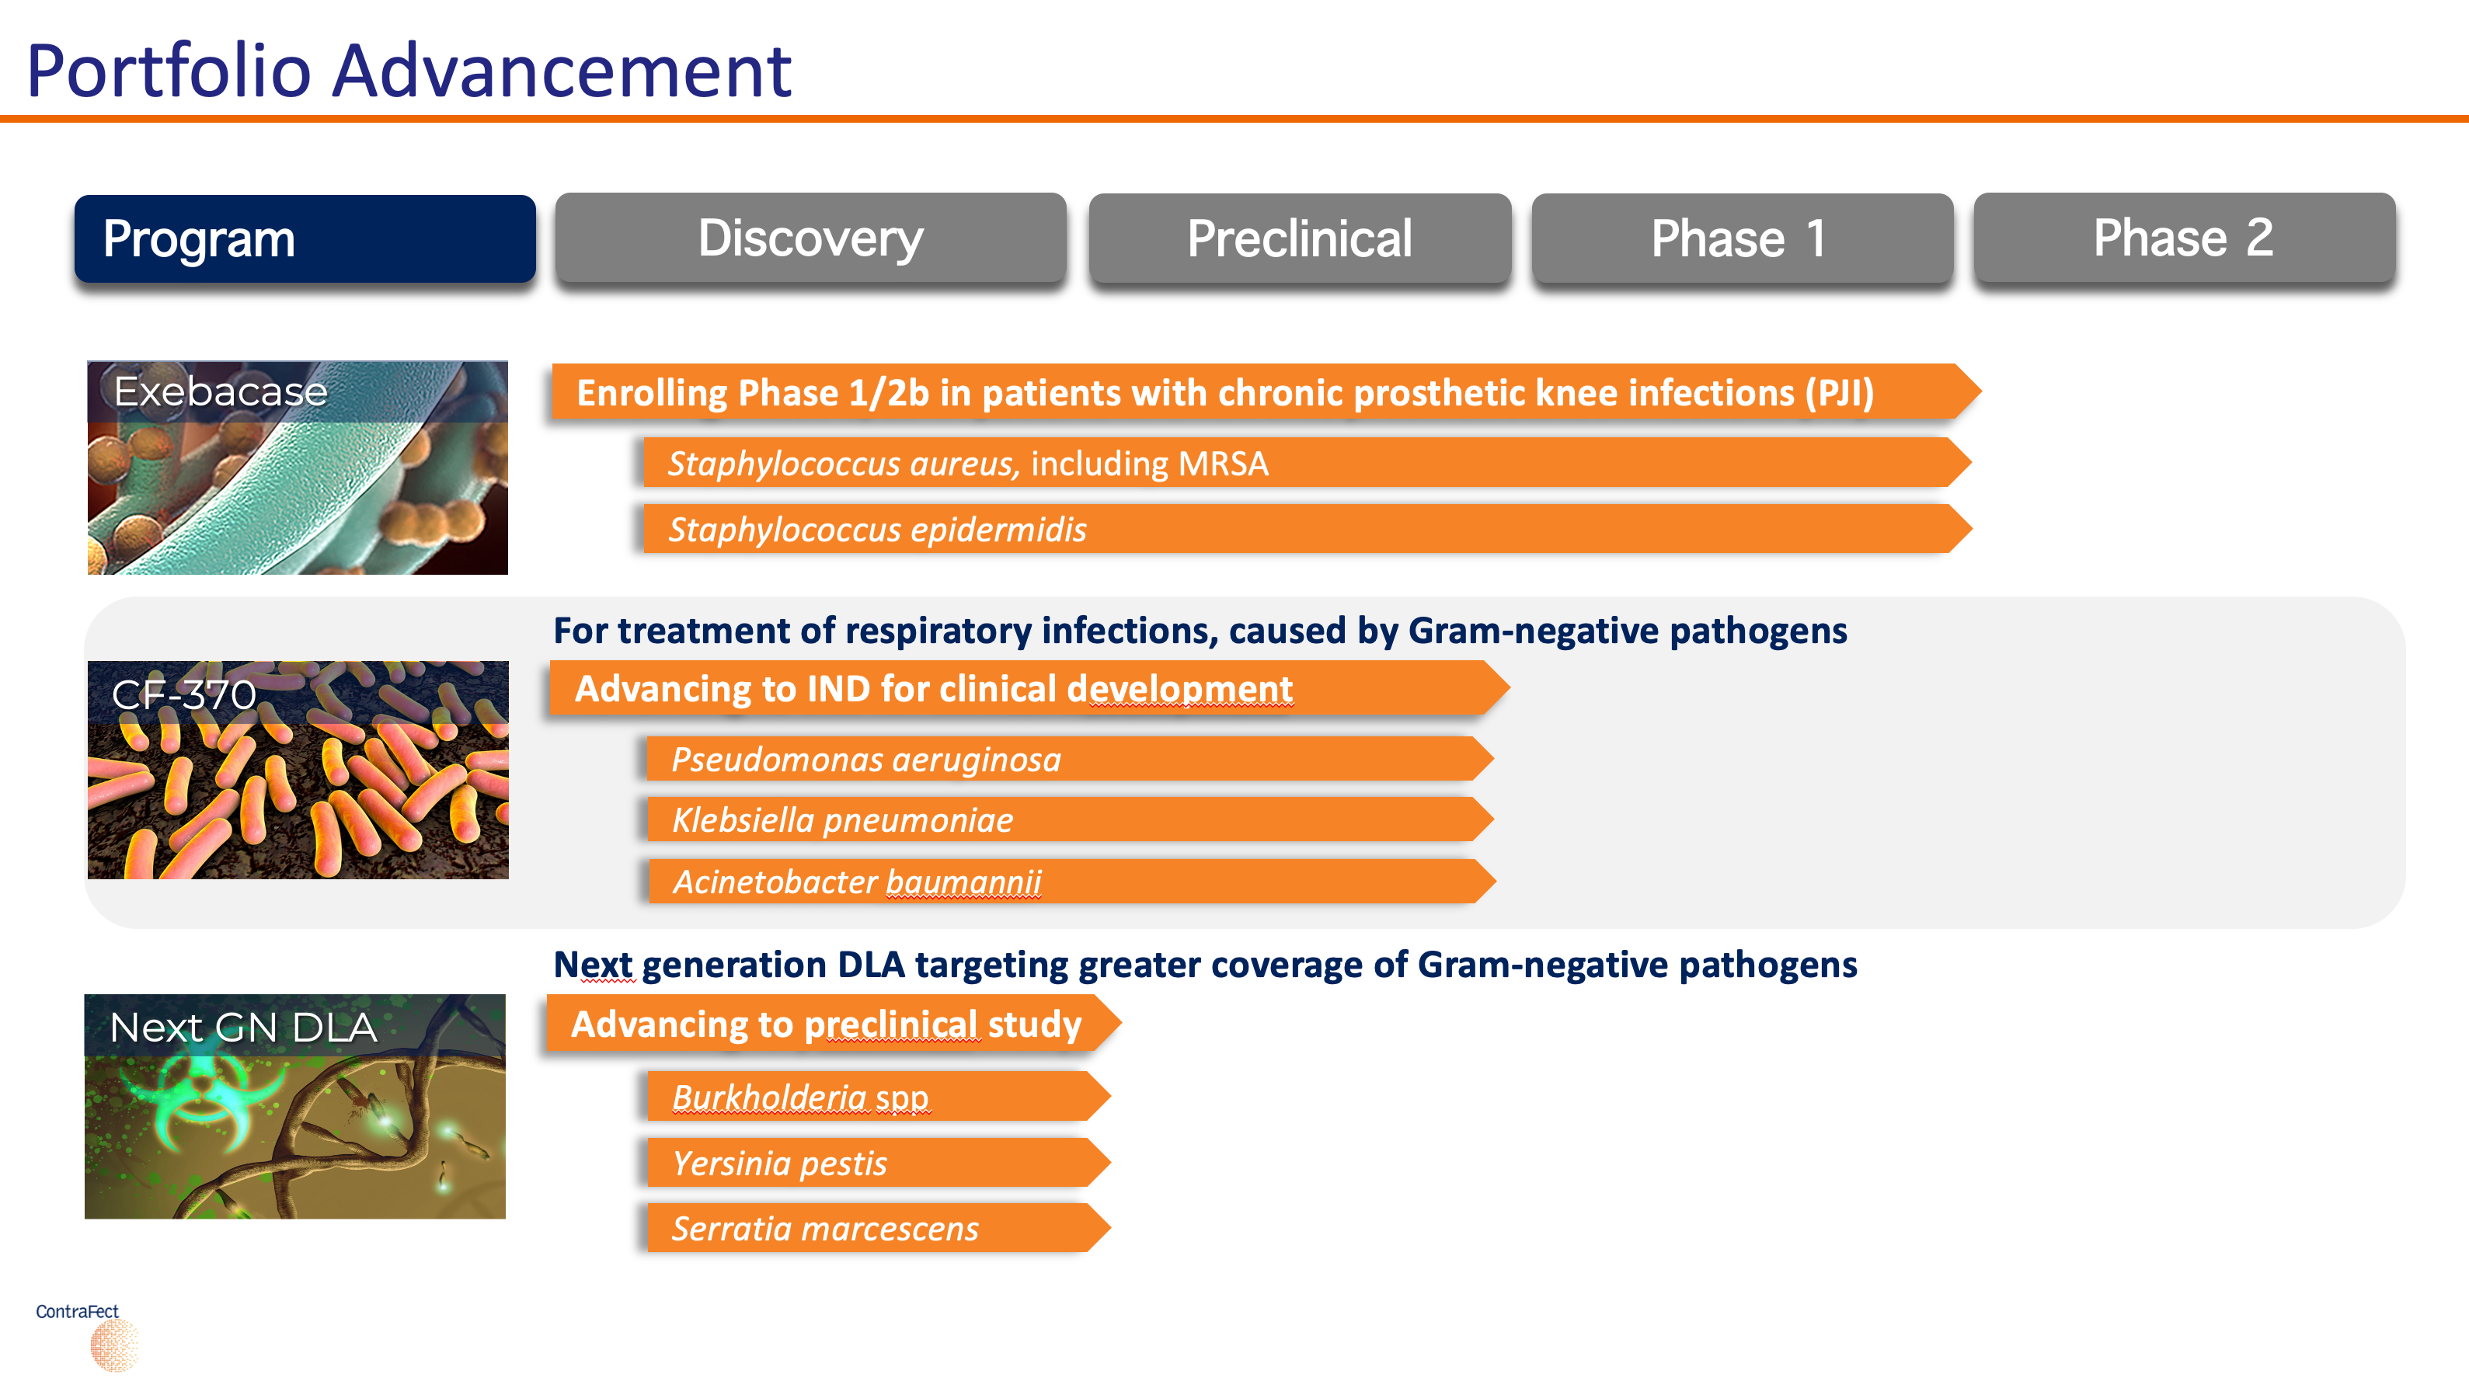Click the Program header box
(305, 238)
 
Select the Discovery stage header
(811, 238)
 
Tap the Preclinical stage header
(1300, 238)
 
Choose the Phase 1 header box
(1742, 238)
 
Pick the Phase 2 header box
(2185, 238)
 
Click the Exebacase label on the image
(221, 391)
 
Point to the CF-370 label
(184, 694)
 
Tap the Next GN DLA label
(243, 1028)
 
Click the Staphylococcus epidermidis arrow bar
(1308, 529)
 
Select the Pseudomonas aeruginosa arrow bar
(1070, 759)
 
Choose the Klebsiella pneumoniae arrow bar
(1070, 819)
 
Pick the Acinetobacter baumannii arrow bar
(1071, 881)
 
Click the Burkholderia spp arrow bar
(879, 1097)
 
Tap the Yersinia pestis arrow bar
(879, 1163)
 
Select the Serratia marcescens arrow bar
(879, 1228)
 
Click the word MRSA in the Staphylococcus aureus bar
(1223, 464)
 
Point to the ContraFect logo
(86, 1336)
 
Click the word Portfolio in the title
(169, 72)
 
